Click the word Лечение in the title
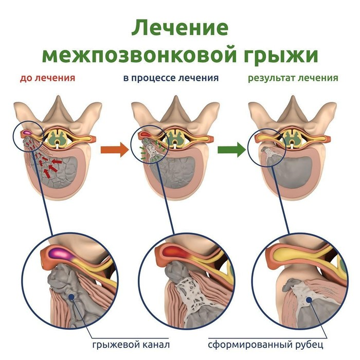click(179, 27)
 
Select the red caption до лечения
click(47, 79)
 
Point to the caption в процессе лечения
click(171, 79)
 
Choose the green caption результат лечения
click(293, 79)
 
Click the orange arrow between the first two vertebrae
click(114, 150)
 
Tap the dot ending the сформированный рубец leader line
click(308, 299)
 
